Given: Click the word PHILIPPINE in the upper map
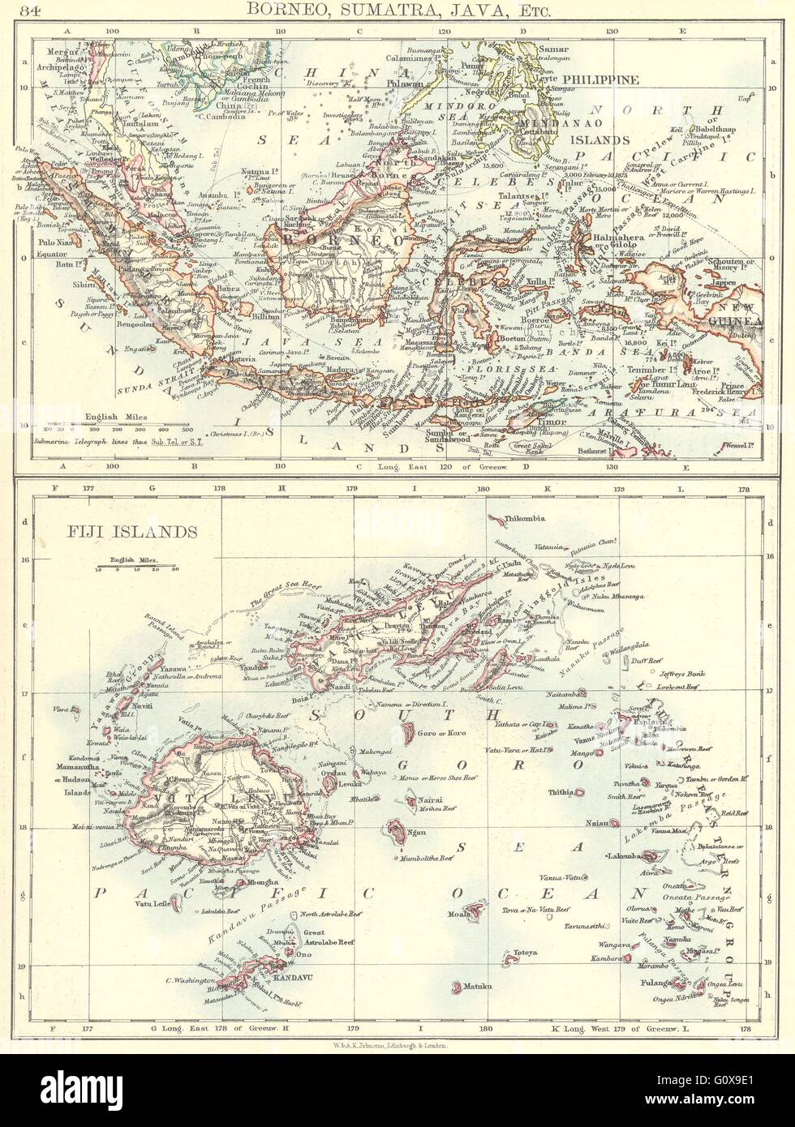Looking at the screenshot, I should pos(606,79).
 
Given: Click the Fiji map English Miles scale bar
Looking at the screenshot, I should pos(134,567).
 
